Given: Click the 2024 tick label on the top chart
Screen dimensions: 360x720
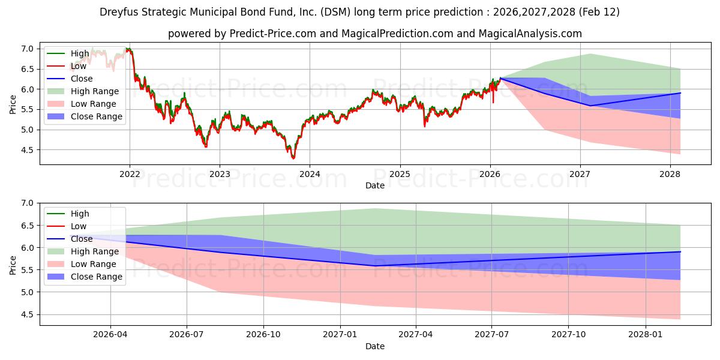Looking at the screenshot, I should pos(310,174).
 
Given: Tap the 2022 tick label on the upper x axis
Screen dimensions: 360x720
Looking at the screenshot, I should pos(130,174).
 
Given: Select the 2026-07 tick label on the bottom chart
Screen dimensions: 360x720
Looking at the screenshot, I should pos(187,334).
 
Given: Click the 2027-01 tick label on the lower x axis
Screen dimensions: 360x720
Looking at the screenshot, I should pos(340,334).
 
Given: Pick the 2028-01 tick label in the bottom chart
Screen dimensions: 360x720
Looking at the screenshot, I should pos(646,334).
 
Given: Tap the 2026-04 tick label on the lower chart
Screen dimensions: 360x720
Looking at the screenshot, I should pos(110,334).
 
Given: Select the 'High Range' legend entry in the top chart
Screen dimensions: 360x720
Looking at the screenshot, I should pos(95,91).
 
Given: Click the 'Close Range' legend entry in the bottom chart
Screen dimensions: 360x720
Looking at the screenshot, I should pos(97,277).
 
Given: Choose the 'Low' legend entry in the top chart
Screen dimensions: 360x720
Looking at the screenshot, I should pos(78,66).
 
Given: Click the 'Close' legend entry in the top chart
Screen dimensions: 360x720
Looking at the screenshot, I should pos(81,79).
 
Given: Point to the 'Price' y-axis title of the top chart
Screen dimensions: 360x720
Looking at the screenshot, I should pos(13,104).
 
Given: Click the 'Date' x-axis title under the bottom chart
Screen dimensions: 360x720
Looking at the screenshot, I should pos(375,346).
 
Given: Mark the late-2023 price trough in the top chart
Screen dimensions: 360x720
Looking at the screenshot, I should pos(293,158).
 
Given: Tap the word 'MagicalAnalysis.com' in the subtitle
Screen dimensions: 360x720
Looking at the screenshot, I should pos(530,34).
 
